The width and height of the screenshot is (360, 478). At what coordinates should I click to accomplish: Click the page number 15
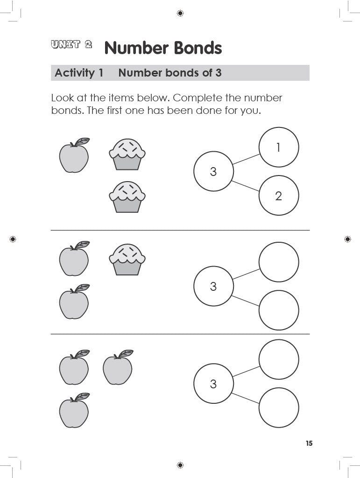[309, 443]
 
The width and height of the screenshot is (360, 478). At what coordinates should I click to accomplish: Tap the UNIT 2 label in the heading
[71, 45]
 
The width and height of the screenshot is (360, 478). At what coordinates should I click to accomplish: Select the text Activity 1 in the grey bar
[79, 73]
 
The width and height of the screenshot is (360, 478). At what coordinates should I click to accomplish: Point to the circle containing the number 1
[279, 148]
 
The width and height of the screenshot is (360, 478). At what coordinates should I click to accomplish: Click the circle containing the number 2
[279, 196]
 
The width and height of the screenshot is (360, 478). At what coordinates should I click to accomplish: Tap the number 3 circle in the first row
[213, 171]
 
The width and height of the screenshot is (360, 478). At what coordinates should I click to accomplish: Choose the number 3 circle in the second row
[213, 286]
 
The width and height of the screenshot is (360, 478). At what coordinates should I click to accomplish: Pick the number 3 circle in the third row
[213, 384]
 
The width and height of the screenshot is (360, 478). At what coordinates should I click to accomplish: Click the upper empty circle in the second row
[279, 262]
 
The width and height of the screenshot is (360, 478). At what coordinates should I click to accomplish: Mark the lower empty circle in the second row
[279, 310]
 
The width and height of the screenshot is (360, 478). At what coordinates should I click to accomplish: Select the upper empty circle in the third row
[279, 359]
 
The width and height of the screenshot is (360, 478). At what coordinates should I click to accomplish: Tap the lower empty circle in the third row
[279, 408]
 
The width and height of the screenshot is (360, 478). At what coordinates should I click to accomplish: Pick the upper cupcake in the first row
[127, 154]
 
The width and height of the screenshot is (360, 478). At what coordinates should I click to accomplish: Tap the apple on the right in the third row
[118, 368]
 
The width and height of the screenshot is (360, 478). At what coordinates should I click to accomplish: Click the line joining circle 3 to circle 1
[246, 160]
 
